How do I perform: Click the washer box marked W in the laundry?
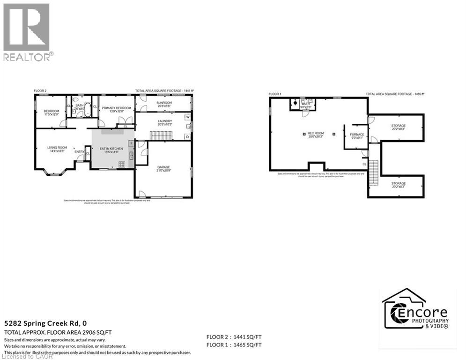click(x=187, y=117)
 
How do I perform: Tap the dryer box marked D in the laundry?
click(x=187, y=136)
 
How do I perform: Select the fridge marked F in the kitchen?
click(x=132, y=142)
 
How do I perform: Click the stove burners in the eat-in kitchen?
click(x=122, y=164)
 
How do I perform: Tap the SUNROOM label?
click(x=164, y=104)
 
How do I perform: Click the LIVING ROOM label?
click(x=57, y=150)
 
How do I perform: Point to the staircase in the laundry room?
click(x=161, y=135)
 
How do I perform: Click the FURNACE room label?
click(x=357, y=136)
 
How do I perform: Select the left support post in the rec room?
click(x=304, y=134)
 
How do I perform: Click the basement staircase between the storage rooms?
click(x=374, y=172)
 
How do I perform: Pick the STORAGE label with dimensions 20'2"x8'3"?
click(x=399, y=185)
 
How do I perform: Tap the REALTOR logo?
click(x=27, y=32)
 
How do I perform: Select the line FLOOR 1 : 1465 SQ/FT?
click(x=234, y=345)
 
